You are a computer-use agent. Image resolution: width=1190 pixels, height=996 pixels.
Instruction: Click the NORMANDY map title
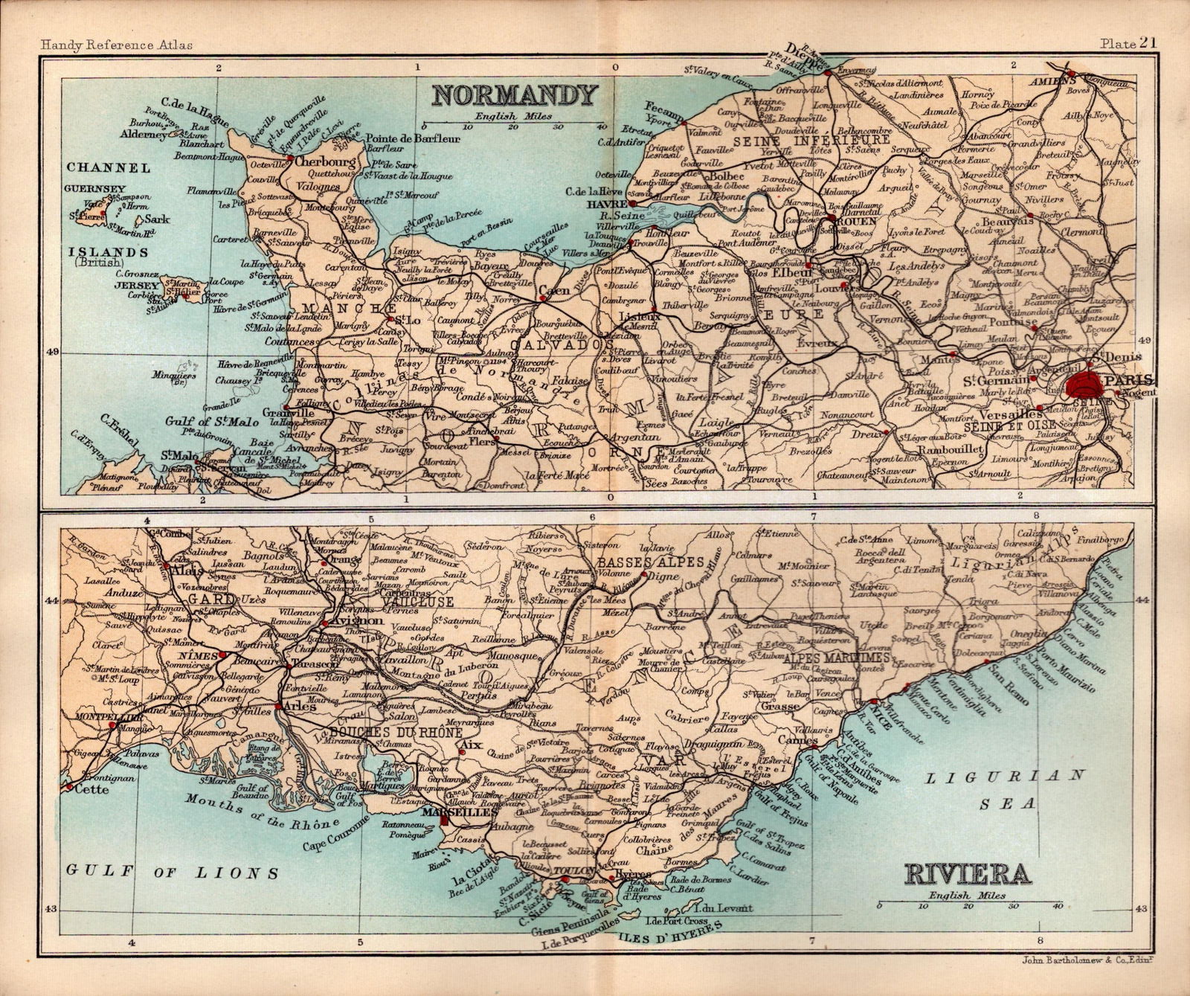click(515, 95)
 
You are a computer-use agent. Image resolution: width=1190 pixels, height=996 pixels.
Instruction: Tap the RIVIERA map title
click(968, 874)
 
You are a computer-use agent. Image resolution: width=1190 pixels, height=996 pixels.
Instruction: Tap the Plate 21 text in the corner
click(1130, 44)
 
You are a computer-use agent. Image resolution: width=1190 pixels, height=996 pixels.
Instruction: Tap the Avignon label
click(360, 620)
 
